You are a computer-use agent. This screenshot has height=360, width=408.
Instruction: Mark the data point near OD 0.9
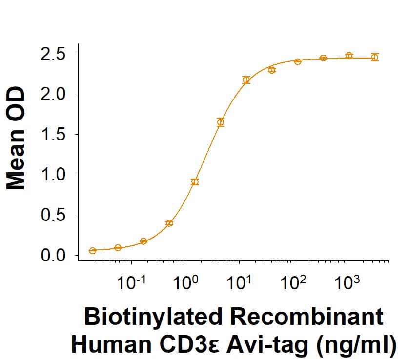click(x=195, y=182)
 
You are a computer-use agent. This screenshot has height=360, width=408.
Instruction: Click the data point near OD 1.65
click(x=221, y=122)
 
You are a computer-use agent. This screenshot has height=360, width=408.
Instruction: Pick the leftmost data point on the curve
click(x=92, y=251)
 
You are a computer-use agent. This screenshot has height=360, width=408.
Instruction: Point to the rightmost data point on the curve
click(x=374, y=57)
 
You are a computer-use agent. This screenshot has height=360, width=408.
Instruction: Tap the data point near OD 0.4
click(x=169, y=223)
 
